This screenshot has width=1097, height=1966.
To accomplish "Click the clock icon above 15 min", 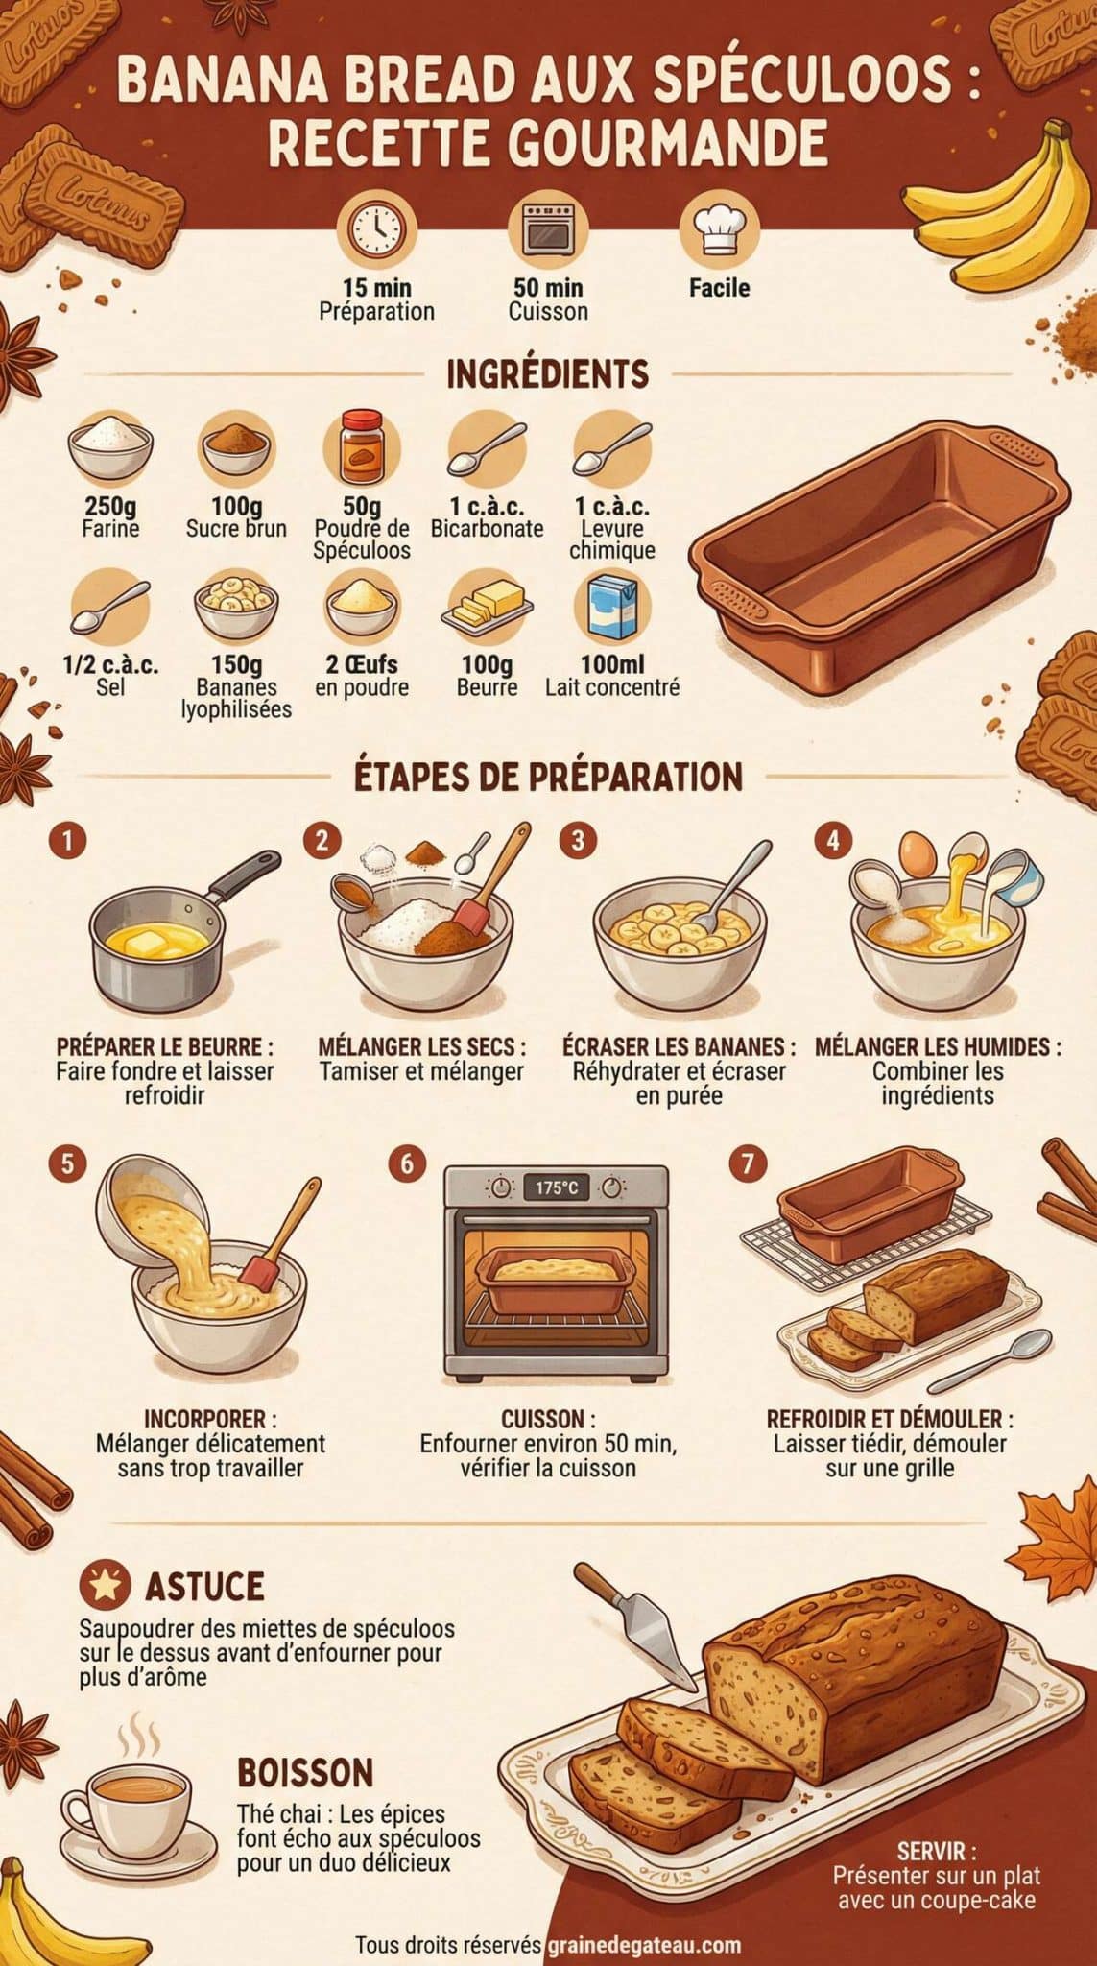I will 376,229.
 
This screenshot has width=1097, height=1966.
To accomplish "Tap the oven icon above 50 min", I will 548,229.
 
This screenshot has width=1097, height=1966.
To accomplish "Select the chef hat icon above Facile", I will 719,228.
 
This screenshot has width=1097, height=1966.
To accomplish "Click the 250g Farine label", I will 111,517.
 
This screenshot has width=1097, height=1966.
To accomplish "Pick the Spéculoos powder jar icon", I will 362,448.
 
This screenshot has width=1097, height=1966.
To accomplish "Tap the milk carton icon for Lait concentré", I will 611,606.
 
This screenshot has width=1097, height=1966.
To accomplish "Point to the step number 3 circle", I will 578,841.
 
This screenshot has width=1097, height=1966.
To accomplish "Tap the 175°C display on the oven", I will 557,1188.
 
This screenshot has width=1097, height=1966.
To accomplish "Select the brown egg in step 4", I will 918,853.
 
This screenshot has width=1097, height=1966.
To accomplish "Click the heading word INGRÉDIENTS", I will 548,373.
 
